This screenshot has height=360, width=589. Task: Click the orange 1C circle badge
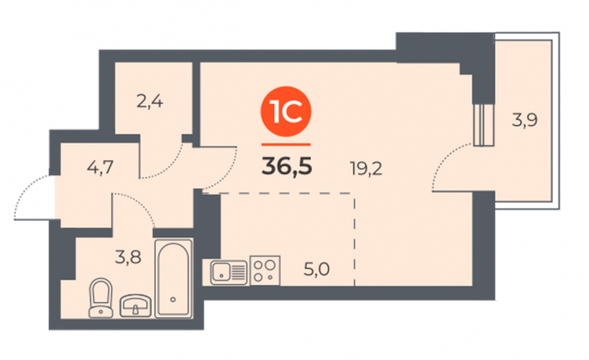(x=286, y=112)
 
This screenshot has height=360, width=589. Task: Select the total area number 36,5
(x=286, y=167)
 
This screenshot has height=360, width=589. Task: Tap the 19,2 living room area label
(x=366, y=168)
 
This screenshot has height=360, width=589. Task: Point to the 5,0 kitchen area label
(x=316, y=270)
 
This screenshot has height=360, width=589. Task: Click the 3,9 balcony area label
(x=525, y=120)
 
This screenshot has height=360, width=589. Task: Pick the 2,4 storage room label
(x=149, y=101)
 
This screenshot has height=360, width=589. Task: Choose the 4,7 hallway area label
(x=100, y=167)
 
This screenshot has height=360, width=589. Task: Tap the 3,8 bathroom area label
(x=128, y=257)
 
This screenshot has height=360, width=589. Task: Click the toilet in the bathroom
(x=100, y=298)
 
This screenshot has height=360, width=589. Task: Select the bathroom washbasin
(x=135, y=306)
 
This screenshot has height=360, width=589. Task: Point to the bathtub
(x=173, y=279)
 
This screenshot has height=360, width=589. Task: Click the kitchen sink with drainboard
(x=229, y=272)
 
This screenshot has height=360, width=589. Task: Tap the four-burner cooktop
(x=265, y=270)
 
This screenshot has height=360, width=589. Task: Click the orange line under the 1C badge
(x=286, y=144)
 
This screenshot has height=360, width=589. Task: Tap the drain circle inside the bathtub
(x=173, y=299)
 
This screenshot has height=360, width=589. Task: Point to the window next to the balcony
(x=483, y=124)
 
